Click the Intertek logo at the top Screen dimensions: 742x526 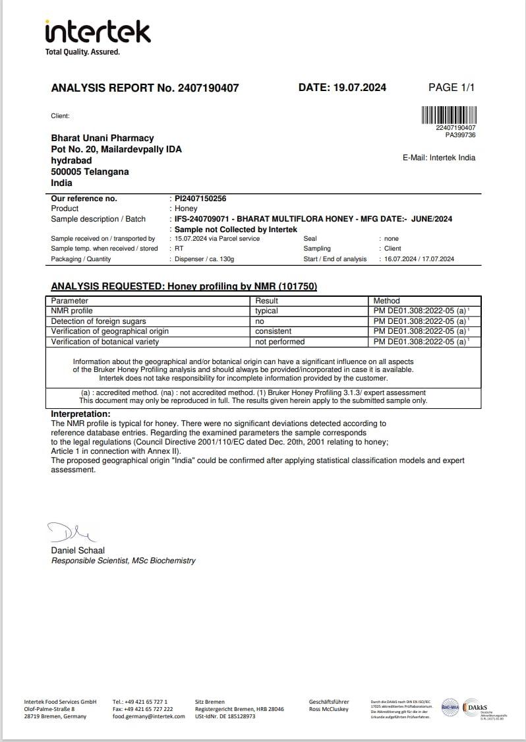point(98,37)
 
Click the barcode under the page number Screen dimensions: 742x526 point(448,115)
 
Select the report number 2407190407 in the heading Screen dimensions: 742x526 point(208,88)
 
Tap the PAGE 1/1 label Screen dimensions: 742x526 point(452,87)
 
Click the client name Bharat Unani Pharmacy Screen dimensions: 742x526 point(102,138)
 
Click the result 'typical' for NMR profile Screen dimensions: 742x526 point(267,311)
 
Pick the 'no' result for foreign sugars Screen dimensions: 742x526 point(260,321)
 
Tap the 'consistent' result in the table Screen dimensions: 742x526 point(274,331)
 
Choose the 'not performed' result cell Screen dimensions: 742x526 point(280,342)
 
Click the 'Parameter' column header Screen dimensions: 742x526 point(69,301)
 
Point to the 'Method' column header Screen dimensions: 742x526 point(387,301)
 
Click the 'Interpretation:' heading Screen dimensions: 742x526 point(80,414)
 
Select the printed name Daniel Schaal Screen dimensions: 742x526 point(78,550)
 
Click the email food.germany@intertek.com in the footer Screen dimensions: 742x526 point(149,716)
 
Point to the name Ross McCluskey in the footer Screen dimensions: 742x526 point(329,709)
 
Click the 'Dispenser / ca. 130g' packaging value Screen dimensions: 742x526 point(204,259)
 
